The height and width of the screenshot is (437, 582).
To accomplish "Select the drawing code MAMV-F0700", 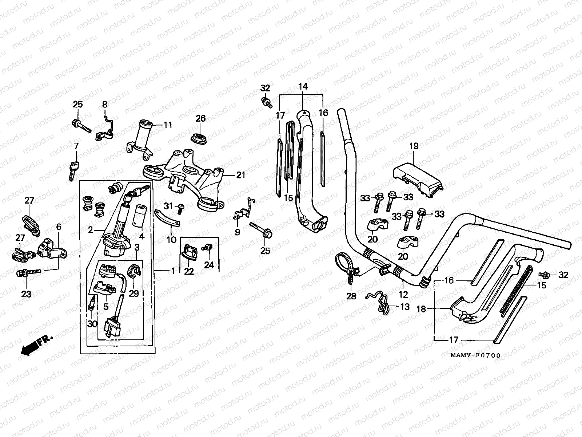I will point(475,355).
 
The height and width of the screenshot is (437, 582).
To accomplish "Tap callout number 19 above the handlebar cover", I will point(414,146).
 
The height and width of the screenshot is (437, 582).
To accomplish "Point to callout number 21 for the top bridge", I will point(240,175).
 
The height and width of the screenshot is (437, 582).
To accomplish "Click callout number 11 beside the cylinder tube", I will point(167,125).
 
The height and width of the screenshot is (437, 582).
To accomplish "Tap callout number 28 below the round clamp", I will point(351,296).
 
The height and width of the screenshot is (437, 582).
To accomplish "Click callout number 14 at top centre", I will point(303,87).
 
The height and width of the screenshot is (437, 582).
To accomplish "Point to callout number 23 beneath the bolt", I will point(26,294).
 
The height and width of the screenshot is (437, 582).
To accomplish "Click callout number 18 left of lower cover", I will point(421,309).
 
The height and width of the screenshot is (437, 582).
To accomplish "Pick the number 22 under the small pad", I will point(189,271).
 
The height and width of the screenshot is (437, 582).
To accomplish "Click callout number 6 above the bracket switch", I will point(59,227).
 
